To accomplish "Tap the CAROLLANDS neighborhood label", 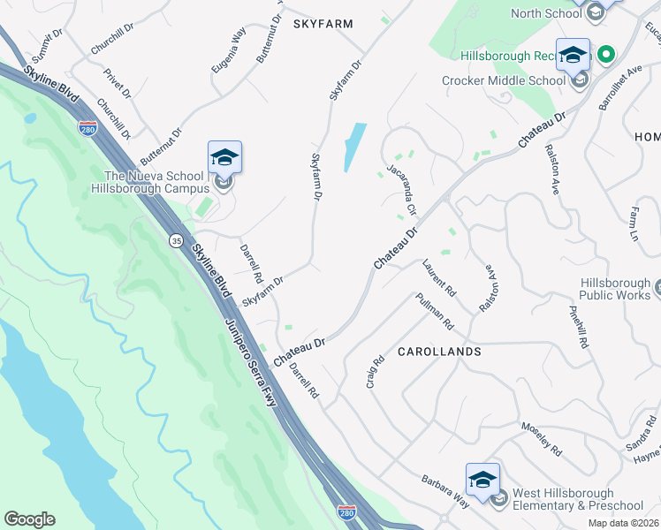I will (x=438, y=352).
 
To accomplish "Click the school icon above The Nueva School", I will (x=224, y=158).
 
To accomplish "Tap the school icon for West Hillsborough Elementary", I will (x=482, y=480).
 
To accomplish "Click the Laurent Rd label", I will (x=438, y=276).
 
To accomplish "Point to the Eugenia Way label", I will (x=228, y=50).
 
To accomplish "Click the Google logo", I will (x=29, y=519).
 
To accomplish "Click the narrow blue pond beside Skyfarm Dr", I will (x=354, y=147).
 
